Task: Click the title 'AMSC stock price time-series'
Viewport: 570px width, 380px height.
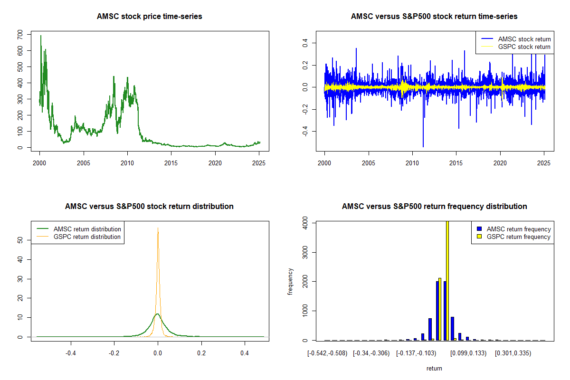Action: pos(149,17)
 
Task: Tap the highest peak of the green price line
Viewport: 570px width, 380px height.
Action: pos(40,36)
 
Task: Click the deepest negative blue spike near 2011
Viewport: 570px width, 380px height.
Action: pos(423,146)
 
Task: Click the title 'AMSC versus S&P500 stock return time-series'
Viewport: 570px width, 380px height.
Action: pos(434,17)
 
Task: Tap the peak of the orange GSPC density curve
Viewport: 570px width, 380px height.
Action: pos(158,228)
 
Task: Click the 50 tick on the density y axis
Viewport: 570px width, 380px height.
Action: pos(20,240)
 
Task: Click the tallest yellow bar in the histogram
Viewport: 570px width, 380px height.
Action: pos(447,280)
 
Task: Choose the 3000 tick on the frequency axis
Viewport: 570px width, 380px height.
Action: pos(305,252)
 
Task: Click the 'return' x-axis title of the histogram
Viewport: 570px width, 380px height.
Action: pos(434,368)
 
